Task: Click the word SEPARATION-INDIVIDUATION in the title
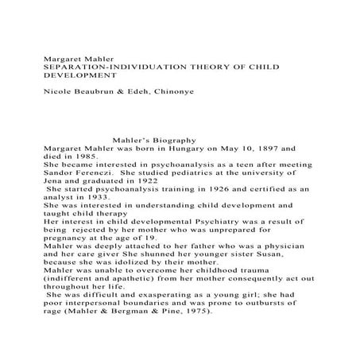[106, 68]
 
